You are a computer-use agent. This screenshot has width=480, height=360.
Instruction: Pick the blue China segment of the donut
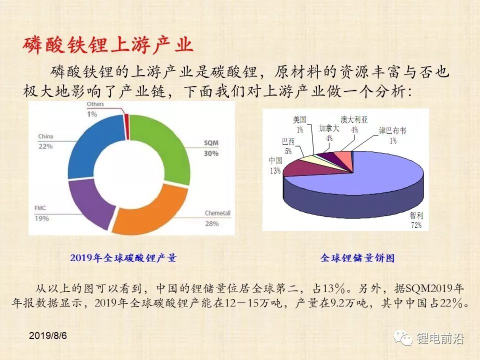pos(89,144)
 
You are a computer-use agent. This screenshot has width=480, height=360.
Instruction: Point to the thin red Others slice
pos(126,127)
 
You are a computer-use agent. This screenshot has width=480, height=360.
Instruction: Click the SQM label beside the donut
pos(211,143)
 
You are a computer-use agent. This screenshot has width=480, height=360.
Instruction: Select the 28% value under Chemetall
pos(212,224)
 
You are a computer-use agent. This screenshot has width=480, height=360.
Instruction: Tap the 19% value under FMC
pos(42,218)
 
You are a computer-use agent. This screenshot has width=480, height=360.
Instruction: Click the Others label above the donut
pos(95,104)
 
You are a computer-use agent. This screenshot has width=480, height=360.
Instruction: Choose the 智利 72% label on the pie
pos(416,220)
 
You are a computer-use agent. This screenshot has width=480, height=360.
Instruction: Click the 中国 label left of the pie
pos(275,160)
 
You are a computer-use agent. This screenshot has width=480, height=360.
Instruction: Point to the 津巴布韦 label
pos(392,130)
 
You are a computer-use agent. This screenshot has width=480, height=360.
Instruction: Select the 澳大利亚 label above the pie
pos(354,119)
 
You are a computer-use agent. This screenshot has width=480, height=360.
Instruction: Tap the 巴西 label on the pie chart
pos(288,141)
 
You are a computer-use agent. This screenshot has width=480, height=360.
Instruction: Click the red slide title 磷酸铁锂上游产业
pos(108,45)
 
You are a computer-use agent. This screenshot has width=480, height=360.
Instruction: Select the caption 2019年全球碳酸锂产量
pos(123,258)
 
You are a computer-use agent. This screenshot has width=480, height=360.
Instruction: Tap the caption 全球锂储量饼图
pos(357,258)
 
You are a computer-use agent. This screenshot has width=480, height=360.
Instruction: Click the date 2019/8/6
pos(48,335)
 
